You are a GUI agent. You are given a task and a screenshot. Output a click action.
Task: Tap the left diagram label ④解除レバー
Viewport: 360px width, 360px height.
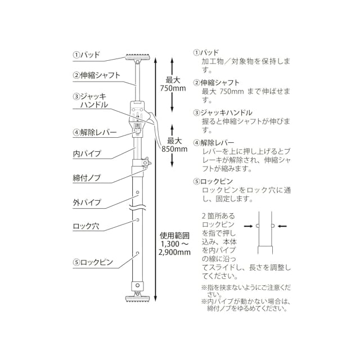[x=94, y=133]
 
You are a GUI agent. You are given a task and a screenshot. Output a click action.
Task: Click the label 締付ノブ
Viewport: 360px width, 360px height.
[x=87, y=177]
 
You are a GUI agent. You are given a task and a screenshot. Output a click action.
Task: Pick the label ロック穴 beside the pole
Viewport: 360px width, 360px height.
[x=86, y=226]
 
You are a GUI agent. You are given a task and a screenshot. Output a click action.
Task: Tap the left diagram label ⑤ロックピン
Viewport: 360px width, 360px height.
[x=93, y=262]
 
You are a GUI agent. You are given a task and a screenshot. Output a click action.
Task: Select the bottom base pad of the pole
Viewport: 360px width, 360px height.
[x=137, y=298]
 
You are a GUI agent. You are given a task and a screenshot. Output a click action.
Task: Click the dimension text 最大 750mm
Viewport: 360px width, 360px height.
[x=170, y=84]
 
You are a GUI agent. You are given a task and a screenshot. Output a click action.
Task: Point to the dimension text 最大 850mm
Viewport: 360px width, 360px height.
[x=174, y=145]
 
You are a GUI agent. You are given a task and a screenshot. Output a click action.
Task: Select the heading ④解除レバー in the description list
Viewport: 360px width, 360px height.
[x=218, y=143]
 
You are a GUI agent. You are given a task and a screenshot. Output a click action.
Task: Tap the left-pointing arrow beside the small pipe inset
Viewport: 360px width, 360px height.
[x=283, y=226]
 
